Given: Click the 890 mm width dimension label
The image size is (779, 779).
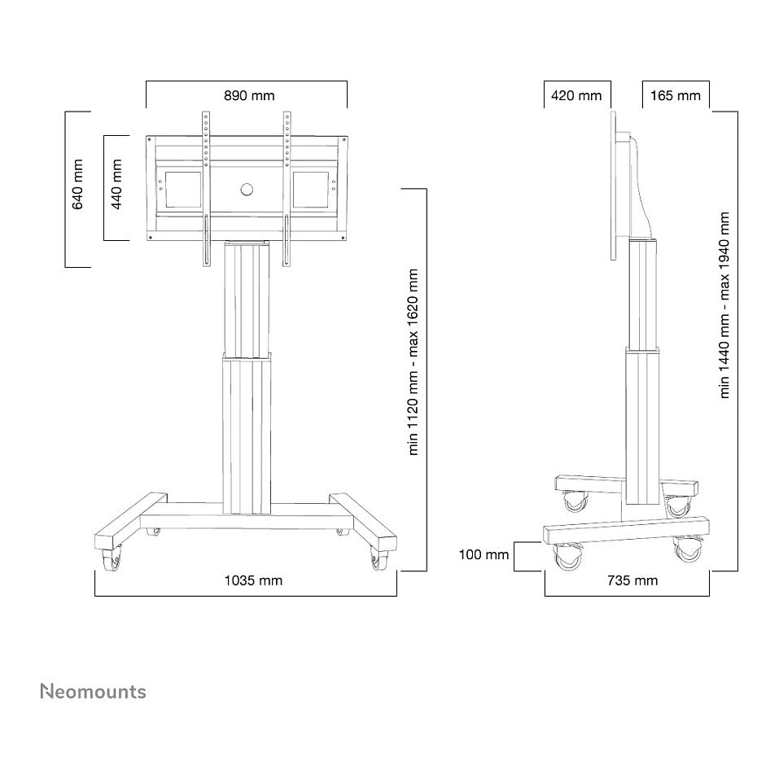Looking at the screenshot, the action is pyautogui.click(x=249, y=95).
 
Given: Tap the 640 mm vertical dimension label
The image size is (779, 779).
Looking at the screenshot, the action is pyautogui.click(x=77, y=184).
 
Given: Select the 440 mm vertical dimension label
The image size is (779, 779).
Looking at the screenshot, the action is pyautogui.click(x=116, y=184).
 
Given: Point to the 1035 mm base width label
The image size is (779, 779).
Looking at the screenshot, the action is pyautogui.click(x=253, y=580).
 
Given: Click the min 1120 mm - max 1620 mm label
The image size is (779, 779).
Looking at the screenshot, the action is pyautogui.click(x=413, y=362).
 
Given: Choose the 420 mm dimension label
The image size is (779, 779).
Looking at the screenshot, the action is pyautogui.click(x=576, y=95).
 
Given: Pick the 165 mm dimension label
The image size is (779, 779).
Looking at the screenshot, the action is pyautogui.click(x=675, y=95).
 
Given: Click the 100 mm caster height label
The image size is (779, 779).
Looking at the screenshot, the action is pyautogui.click(x=484, y=554).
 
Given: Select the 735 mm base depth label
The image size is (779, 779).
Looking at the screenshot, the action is pyautogui.click(x=632, y=580).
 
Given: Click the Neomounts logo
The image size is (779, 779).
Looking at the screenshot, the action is pyautogui.click(x=93, y=692).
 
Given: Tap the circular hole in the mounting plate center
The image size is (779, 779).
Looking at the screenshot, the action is pyautogui.click(x=247, y=190).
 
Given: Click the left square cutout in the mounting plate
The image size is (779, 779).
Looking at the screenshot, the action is pyautogui.click(x=183, y=190).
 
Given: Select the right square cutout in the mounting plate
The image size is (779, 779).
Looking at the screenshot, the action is pyautogui.click(x=310, y=190).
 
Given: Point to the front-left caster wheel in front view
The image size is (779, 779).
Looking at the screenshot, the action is pyautogui.click(x=112, y=560).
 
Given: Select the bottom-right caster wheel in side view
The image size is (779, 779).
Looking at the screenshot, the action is pyautogui.click(x=689, y=549).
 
